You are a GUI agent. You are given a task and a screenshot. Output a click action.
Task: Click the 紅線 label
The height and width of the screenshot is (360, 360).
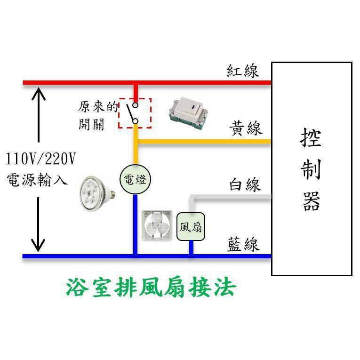[x=242, y=71]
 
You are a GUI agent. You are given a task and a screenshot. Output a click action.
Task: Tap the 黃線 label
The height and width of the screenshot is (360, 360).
[x=246, y=128]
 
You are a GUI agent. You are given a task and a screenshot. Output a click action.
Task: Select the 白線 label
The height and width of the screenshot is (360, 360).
[x=245, y=184]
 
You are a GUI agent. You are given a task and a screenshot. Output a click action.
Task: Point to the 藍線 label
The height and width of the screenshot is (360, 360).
[x=243, y=244]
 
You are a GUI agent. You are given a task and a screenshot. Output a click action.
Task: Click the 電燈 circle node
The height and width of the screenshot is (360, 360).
[x=135, y=180]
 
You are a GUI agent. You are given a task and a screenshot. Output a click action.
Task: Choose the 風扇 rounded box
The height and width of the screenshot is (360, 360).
[x=191, y=227]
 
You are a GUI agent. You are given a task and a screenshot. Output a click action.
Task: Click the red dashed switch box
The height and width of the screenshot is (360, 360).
[x=135, y=113]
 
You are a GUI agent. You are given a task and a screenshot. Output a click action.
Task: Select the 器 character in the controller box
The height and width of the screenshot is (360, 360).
[x=311, y=202]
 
